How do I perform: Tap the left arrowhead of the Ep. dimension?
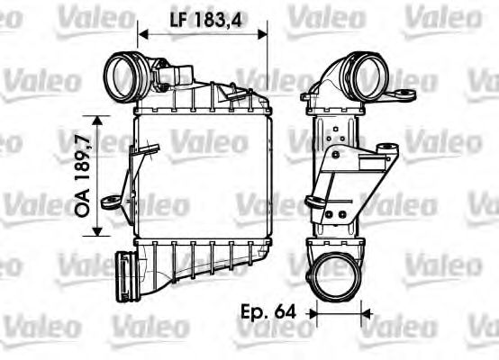coord(313,314)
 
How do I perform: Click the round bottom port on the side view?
coord(336,270)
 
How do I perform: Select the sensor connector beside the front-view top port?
coord(183,72)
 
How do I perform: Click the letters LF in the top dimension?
coord(179,17)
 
